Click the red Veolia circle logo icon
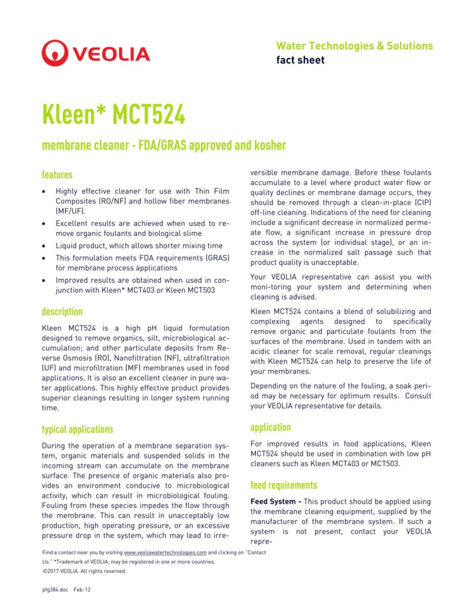(x=55, y=53)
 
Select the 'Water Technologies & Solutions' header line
(x=354, y=46)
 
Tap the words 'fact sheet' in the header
(x=300, y=60)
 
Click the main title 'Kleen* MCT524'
(x=114, y=114)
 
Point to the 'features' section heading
(x=57, y=175)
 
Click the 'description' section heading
(x=62, y=312)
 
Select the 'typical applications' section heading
(x=77, y=429)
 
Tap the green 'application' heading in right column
(x=270, y=427)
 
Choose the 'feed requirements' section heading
(x=283, y=485)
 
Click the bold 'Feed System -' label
(x=276, y=501)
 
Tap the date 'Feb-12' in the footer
(x=82, y=589)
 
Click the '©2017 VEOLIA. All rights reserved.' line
(x=84, y=571)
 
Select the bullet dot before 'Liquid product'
(x=44, y=246)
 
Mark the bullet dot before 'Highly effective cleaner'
(x=44, y=191)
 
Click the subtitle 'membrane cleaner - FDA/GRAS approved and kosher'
(x=164, y=145)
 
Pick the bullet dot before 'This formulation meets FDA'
(x=44, y=258)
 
